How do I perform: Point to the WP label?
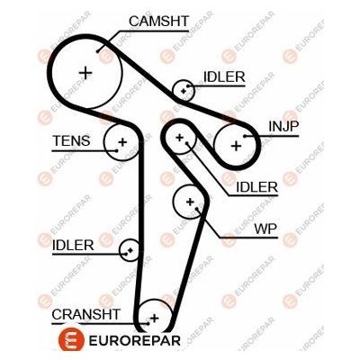click(x=265, y=229)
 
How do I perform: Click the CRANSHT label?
click(x=85, y=313)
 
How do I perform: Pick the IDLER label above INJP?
click(x=223, y=77)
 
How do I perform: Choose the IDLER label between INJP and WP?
click(x=256, y=186)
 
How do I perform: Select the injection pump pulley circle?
click(x=236, y=143)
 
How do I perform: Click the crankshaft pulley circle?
click(x=154, y=317)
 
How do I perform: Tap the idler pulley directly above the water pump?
click(x=181, y=138)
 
